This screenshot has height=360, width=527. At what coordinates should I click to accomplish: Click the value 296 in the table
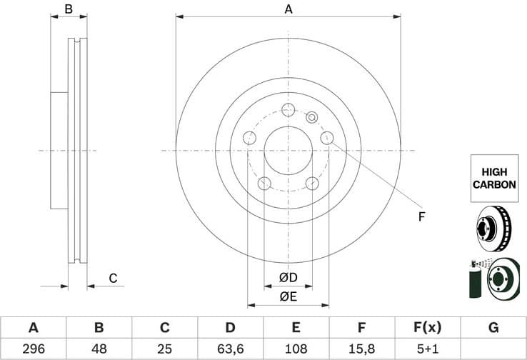click(x=33, y=349)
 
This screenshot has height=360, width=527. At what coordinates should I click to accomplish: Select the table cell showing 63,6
click(x=230, y=349)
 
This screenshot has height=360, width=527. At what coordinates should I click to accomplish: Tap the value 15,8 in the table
click(x=362, y=349)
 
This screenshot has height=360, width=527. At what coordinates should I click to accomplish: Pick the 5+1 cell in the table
click(x=428, y=349)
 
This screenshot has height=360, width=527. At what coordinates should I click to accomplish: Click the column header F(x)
click(x=428, y=328)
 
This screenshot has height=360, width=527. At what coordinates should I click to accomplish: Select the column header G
click(x=493, y=328)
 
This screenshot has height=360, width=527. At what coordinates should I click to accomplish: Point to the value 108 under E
click(x=296, y=349)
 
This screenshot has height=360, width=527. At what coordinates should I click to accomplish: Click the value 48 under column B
click(x=99, y=349)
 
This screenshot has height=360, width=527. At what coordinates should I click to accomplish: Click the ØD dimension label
click(x=288, y=277)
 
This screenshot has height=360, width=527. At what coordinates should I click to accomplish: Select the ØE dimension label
click(x=288, y=296)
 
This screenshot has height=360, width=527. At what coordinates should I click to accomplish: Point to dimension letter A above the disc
click(x=288, y=9)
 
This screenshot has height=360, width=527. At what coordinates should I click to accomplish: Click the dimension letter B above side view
click(x=69, y=9)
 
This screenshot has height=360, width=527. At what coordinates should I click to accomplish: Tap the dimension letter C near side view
click(x=112, y=278)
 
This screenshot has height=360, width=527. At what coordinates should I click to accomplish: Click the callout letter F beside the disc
click(x=421, y=216)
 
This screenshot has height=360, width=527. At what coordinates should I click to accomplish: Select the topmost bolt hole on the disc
click(x=288, y=109)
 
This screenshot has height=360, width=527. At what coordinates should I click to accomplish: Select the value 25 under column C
click(x=164, y=349)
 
